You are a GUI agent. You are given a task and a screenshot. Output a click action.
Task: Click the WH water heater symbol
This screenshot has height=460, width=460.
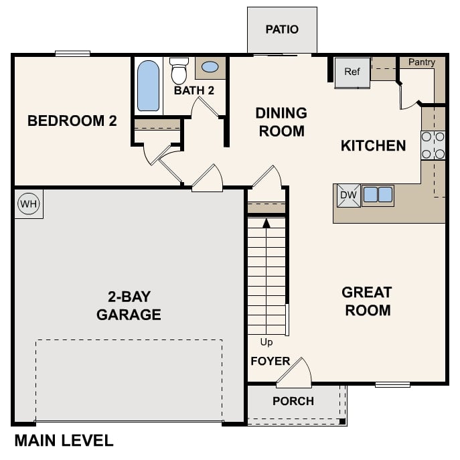tap(28, 204)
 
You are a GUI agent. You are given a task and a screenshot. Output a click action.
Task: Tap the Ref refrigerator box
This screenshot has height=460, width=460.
tap(352, 72)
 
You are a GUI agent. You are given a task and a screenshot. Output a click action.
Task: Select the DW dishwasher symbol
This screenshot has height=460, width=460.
tap(348, 196)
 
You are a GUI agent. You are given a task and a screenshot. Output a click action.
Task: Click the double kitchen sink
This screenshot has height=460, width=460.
tap(378, 195)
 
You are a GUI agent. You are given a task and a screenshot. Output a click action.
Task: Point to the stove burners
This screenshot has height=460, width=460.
tap(433, 145)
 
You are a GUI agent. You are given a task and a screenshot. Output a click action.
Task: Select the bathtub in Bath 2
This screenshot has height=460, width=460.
tap(149, 86)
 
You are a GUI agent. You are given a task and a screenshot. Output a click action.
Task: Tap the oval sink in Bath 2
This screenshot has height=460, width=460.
tap(210, 67)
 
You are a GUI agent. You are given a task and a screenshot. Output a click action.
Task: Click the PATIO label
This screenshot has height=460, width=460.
tap(282, 29)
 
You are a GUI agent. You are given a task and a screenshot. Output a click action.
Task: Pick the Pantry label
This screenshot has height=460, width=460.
tap(422, 62)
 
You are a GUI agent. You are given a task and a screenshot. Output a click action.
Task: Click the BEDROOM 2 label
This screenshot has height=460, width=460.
tap(72, 121)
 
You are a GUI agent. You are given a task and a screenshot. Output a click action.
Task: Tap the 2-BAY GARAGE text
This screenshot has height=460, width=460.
tap(129, 305)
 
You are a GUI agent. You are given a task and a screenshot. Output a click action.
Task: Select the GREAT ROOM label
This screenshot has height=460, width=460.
tap(366, 301)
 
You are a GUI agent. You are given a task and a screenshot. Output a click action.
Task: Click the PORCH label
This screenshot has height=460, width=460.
tap(293, 401)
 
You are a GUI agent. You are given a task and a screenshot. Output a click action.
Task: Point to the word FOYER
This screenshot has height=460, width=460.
tap(270, 362)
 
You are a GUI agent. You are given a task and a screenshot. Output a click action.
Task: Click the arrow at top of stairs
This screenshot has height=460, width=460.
tap(266, 222)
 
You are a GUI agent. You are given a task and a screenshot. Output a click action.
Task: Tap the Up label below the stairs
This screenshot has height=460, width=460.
tap(266, 342)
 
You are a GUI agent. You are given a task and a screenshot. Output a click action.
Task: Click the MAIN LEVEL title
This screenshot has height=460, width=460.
tap(64, 441)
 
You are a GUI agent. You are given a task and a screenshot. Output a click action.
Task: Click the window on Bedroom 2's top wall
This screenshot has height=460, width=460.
tap(72, 54)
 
